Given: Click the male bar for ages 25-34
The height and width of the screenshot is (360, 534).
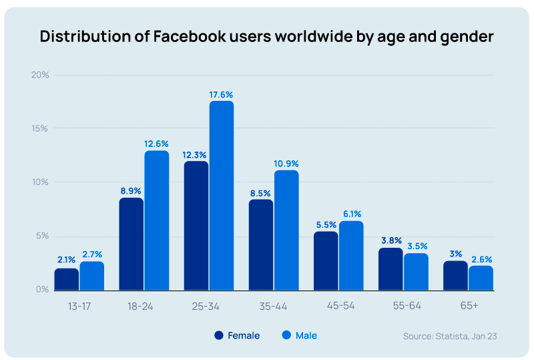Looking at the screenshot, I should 222,196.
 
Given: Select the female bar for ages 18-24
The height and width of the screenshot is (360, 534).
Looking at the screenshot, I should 131,244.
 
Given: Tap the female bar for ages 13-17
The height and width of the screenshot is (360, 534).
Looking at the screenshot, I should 67,279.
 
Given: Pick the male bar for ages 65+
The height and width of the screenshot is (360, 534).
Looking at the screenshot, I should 481,278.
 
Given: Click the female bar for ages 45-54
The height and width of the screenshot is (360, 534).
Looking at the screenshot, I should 326,260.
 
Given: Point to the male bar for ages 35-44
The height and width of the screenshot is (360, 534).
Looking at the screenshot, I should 286,230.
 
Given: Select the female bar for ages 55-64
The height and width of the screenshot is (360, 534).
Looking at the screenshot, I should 390,268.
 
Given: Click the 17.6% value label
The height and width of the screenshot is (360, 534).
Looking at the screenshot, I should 221,95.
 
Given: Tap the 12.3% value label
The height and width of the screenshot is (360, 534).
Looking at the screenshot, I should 196,154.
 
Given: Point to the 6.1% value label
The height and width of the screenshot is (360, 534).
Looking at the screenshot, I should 351,214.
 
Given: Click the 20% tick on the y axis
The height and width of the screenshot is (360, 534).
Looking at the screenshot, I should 40,75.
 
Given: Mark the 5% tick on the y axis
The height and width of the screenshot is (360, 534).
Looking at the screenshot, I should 42,236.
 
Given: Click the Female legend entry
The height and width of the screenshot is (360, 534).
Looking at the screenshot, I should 237,335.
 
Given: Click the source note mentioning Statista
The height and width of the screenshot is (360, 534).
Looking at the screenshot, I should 449,336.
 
